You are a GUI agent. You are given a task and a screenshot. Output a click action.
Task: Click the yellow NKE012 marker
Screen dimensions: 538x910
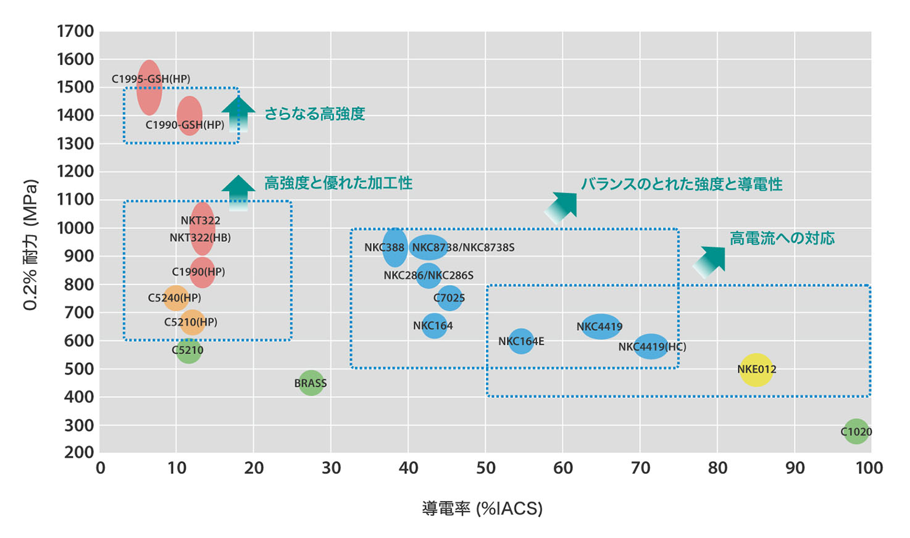(756, 370)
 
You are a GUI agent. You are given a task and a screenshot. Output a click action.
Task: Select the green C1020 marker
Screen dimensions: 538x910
(856, 431)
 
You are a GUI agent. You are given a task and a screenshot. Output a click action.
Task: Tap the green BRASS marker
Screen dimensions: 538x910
(311, 383)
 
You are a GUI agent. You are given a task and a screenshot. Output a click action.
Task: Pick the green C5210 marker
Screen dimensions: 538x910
(188, 350)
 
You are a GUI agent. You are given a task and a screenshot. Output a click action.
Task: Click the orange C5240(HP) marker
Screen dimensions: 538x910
(175, 298)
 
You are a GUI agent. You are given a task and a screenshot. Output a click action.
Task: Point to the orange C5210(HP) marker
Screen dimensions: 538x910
(192, 322)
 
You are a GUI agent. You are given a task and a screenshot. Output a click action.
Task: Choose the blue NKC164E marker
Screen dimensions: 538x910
(521, 341)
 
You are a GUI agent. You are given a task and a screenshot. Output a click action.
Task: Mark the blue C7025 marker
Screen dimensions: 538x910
(449, 299)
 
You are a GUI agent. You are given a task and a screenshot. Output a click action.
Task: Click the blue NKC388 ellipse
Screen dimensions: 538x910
(394, 247)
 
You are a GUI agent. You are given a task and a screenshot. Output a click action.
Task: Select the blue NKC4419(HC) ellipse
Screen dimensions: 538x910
(651, 346)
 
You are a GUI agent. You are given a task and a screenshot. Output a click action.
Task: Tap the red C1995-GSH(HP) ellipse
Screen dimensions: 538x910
(149, 88)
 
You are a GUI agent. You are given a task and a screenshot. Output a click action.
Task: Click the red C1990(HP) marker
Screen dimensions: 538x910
(202, 272)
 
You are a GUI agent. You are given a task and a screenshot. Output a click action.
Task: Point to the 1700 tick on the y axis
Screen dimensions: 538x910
(75, 31)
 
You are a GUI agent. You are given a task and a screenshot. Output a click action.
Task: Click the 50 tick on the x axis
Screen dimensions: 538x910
(486, 468)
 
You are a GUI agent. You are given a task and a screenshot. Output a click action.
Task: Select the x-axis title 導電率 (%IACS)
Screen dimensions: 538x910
(482, 508)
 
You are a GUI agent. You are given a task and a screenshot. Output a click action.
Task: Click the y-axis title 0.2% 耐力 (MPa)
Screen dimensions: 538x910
(31, 245)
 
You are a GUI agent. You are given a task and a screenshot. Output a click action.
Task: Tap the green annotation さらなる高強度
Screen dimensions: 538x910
(315, 114)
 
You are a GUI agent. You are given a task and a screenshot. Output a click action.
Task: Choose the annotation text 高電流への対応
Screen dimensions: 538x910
(782, 238)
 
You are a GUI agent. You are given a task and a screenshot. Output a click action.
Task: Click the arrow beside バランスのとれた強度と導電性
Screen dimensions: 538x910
(562, 206)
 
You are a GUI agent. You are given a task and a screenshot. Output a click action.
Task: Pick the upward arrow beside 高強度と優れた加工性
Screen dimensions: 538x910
(238, 192)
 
